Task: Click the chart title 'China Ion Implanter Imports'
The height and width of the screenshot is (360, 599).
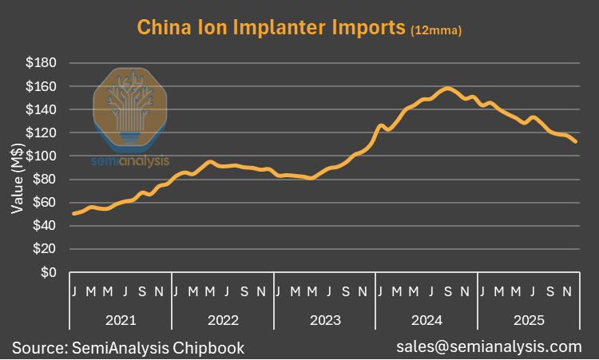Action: click(x=272, y=28)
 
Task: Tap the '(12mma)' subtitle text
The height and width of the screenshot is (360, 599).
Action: click(x=435, y=30)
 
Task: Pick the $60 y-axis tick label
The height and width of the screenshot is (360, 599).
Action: click(x=44, y=203)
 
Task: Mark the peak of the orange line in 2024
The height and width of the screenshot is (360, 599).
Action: click(x=448, y=88)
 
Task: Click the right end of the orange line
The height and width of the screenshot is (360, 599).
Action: click(x=577, y=141)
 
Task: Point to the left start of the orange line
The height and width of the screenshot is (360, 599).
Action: click(x=73, y=213)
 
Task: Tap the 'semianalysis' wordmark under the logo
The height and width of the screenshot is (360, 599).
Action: click(x=129, y=161)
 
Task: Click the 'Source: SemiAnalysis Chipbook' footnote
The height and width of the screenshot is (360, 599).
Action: click(x=128, y=347)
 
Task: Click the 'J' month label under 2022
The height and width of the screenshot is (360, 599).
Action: click(x=176, y=291)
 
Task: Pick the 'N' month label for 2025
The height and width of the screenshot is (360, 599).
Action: click(x=566, y=291)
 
